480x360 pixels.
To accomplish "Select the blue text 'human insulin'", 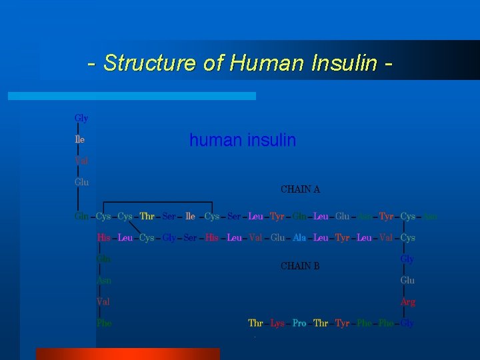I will click(243, 141).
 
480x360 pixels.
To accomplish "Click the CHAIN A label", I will click(301, 189).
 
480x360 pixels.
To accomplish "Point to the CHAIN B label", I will click(300, 266).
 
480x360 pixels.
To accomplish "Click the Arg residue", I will click(407, 302).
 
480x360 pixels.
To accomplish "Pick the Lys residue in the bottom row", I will click(277, 323).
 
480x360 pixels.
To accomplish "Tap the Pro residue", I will click(299, 323).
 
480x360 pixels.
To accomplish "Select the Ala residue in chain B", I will click(299, 238).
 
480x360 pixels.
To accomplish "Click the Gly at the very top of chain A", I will click(81, 119).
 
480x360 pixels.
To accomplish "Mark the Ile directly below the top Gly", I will click(80, 140).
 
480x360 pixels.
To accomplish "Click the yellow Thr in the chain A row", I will click(147, 217).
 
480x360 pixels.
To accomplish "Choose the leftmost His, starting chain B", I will click(104, 238).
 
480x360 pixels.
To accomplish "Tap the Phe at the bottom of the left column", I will click(104, 323).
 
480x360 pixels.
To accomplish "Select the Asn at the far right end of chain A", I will click(431, 217).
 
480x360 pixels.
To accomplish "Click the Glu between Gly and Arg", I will click(407, 281).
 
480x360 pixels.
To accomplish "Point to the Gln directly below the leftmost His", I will click(104, 259).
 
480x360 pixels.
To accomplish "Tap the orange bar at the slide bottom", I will click(127, 354).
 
